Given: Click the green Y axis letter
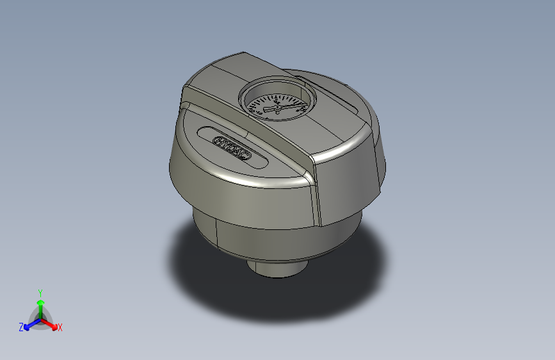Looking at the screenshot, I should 40,292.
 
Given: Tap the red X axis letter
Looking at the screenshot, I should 60,327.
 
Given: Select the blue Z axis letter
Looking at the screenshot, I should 21,327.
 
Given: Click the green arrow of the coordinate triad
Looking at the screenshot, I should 40,304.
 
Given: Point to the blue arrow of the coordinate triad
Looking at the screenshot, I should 29,324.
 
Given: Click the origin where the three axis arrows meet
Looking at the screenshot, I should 40,317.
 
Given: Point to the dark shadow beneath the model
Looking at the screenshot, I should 211,282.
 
